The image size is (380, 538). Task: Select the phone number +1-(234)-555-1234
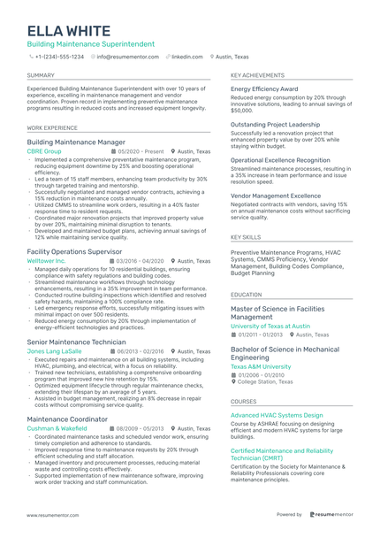tap(59, 56)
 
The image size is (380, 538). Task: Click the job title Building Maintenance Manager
tap(76, 142)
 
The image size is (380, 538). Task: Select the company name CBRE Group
tap(44, 151)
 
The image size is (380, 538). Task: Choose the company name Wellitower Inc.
tap(47, 262)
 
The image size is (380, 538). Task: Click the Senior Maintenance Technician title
tap(77, 342)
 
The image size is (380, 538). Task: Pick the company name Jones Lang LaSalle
tap(54, 351)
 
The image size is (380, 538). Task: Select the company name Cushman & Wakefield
tap(57, 427)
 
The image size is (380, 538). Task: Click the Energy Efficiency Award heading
tap(264, 89)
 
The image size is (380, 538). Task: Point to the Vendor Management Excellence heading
tap(276, 196)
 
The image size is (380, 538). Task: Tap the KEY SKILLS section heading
tap(246, 238)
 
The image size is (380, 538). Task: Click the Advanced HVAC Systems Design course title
tap(277, 414)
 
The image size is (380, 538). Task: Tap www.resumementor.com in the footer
tap(53, 514)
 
